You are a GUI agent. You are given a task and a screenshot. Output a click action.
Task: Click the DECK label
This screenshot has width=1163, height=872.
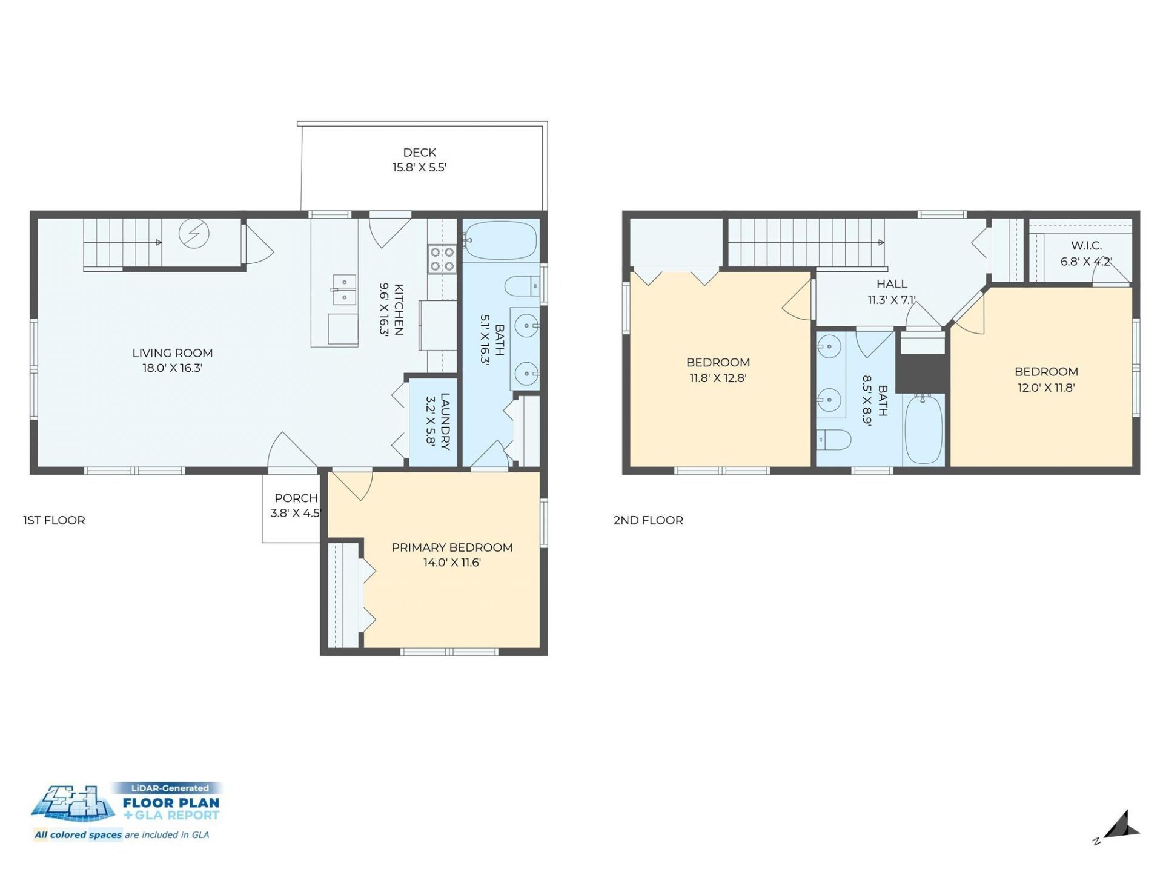pyautogui.click(x=419, y=153)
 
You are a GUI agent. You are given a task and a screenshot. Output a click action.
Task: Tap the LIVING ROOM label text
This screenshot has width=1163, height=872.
pyautogui.click(x=173, y=353)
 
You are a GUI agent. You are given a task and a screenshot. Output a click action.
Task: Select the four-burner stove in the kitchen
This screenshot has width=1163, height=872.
pyautogui.click(x=442, y=259)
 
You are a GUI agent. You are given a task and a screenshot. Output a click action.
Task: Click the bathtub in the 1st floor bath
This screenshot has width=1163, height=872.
pyautogui.click(x=500, y=240)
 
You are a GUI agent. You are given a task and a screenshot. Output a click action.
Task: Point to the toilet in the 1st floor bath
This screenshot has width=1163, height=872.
pyautogui.click(x=522, y=286)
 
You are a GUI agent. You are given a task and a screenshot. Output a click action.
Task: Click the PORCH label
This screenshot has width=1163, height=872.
pyautogui.click(x=296, y=498)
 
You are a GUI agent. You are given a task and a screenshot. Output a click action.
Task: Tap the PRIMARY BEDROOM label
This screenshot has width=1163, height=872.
pyautogui.click(x=452, y=547)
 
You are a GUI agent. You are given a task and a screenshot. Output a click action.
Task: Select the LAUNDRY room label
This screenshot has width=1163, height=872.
pyautogui.click(x=445, y=421)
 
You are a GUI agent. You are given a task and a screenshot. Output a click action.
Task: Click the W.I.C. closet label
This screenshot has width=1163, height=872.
pyautogui.click(x=1086, y=246)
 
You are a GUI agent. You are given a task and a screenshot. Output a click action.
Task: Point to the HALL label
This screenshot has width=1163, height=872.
pyautogui.click(x=892, y=284)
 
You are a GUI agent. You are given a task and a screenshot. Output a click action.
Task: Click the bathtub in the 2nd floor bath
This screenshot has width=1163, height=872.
pyautogui.click(x=924, y=429)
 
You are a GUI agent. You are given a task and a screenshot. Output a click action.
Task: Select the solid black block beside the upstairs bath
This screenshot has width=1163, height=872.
pyautogui.click(x=921, y=373)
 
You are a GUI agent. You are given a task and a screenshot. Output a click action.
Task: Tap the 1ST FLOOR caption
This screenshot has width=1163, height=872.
pyautogui.click(x=54, y=520)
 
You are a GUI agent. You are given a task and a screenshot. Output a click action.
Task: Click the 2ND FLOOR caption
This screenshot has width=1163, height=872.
pyautogui.click(x=648, y=520)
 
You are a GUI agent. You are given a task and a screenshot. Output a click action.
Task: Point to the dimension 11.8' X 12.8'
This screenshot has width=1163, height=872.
pyautogui.click(x=718, y=378)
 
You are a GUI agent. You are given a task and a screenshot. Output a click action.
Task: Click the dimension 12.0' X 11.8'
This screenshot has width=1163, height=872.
pyautogui.click(x=1046, y=388)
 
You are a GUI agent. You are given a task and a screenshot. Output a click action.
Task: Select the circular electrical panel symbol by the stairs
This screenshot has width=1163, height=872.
pyautogui.click(x=194, y=233)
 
